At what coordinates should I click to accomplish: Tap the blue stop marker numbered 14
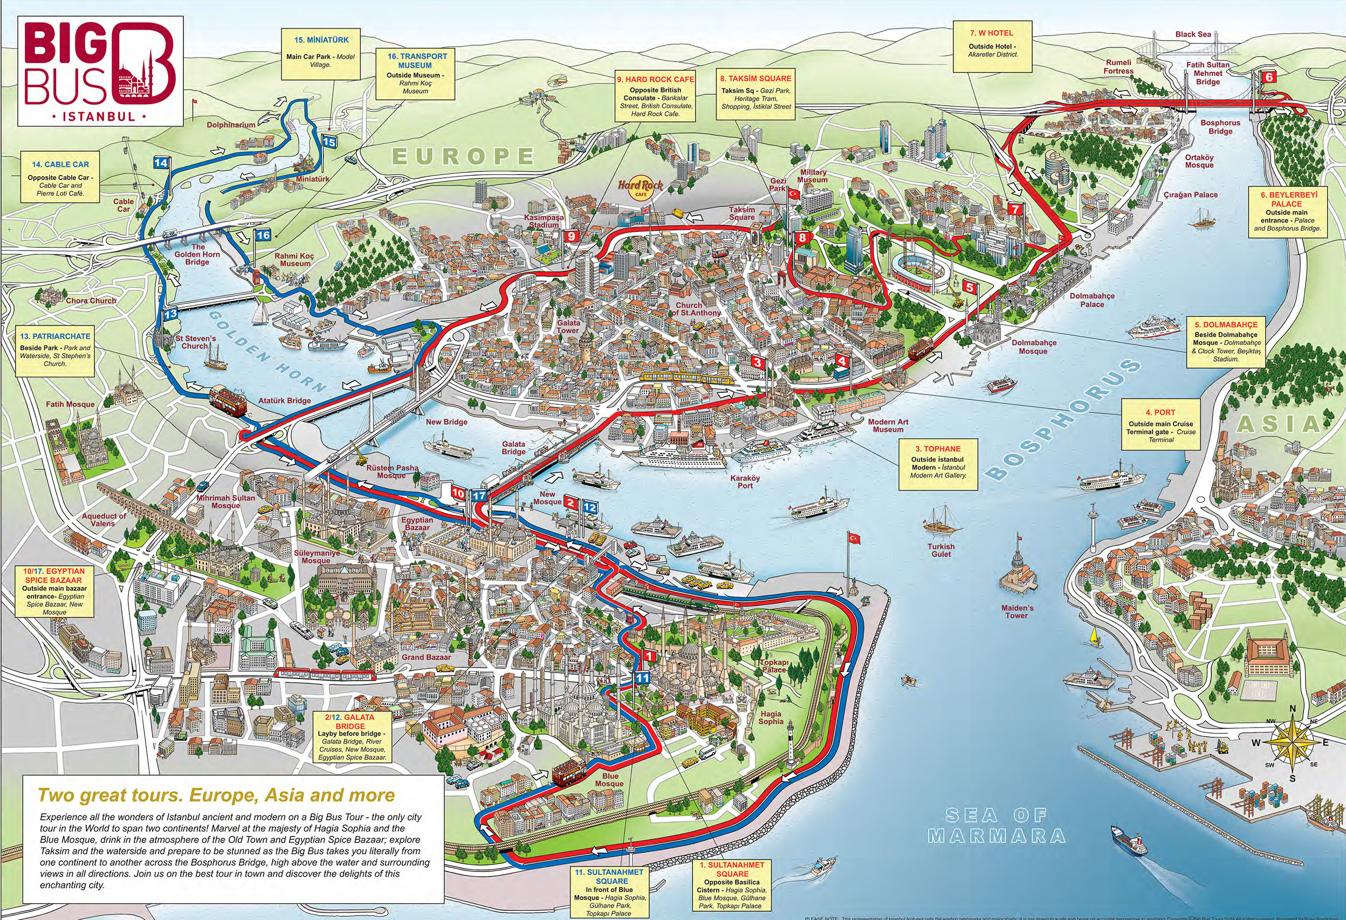[x=161, y=163]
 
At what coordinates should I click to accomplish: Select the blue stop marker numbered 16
[x=263, y=235]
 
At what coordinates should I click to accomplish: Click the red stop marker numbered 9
[x=571, y=236]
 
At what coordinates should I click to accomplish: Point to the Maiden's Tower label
[x=1017, y=611]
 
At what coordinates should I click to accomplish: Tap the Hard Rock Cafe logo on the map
[x=640, y=186]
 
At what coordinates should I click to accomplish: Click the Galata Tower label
[x=568, y=327]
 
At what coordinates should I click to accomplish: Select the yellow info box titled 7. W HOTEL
[x=992, y=46]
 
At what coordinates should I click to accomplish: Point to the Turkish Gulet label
[x=940, y=550]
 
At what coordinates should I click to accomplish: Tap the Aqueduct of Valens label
[x=105, y=520]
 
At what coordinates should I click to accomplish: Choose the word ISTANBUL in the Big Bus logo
[x=98, y=116]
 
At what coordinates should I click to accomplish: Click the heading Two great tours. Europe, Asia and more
[x=217, y=794]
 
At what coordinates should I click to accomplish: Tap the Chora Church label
[x=91, y=301]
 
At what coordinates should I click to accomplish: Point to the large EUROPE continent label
[x=462, y=156]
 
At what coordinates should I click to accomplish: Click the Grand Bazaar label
[x=425, y=657]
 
